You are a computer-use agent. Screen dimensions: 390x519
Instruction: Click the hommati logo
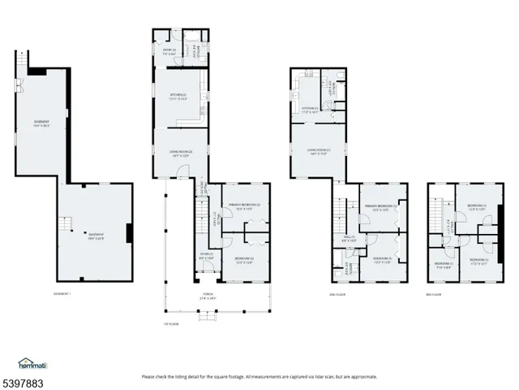[32, 363]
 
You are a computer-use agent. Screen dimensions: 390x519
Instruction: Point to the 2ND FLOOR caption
[338, 293]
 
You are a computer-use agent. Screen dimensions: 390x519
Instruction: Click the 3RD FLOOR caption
[435, 293]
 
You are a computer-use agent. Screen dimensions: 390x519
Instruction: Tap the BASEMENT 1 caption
[62, 293]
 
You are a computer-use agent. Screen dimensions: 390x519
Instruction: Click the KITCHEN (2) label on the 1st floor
[178, 97]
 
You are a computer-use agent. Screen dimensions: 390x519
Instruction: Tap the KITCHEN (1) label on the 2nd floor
[311, 109]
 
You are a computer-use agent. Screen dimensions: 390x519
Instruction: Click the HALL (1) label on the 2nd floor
[349, 216]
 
